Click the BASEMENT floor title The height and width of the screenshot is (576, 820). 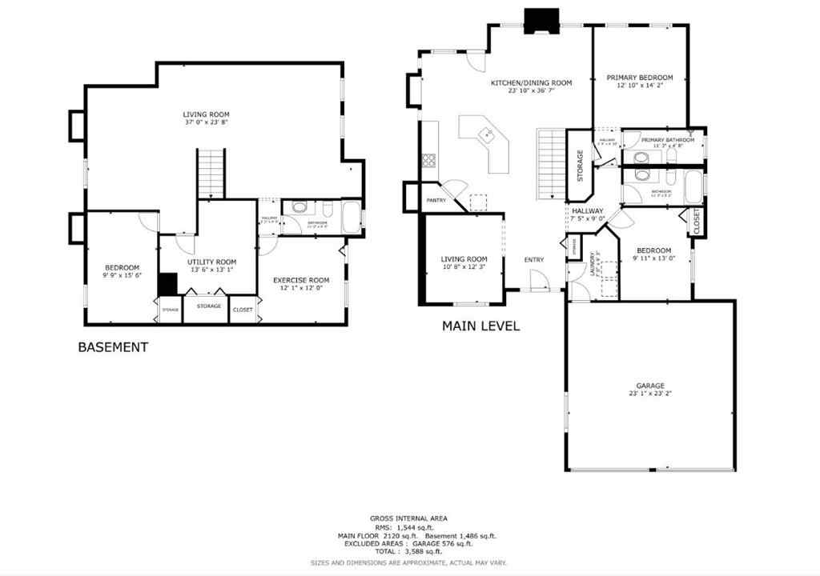click(113, 347)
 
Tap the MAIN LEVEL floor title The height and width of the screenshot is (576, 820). click(481, 326)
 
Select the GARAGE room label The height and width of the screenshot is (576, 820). click(650, 386)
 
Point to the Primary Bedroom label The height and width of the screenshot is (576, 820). click(639, 78)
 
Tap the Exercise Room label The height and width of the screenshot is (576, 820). click(301, 280)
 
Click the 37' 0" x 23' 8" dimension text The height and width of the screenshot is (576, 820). click(206, 123)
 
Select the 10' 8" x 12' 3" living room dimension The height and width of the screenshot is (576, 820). click(464, 266)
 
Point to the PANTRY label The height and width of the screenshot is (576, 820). click(436, 200)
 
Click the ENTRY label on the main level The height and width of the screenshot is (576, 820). click(533, 259)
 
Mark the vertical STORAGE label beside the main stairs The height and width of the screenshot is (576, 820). click(580, 166)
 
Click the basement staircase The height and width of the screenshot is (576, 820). click(211, 173)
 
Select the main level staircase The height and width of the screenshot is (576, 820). click(551, 164)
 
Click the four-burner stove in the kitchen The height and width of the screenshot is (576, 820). click(429, 160)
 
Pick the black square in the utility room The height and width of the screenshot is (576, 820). click(167, 284)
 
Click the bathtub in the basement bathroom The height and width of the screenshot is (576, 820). click(351, 215)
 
